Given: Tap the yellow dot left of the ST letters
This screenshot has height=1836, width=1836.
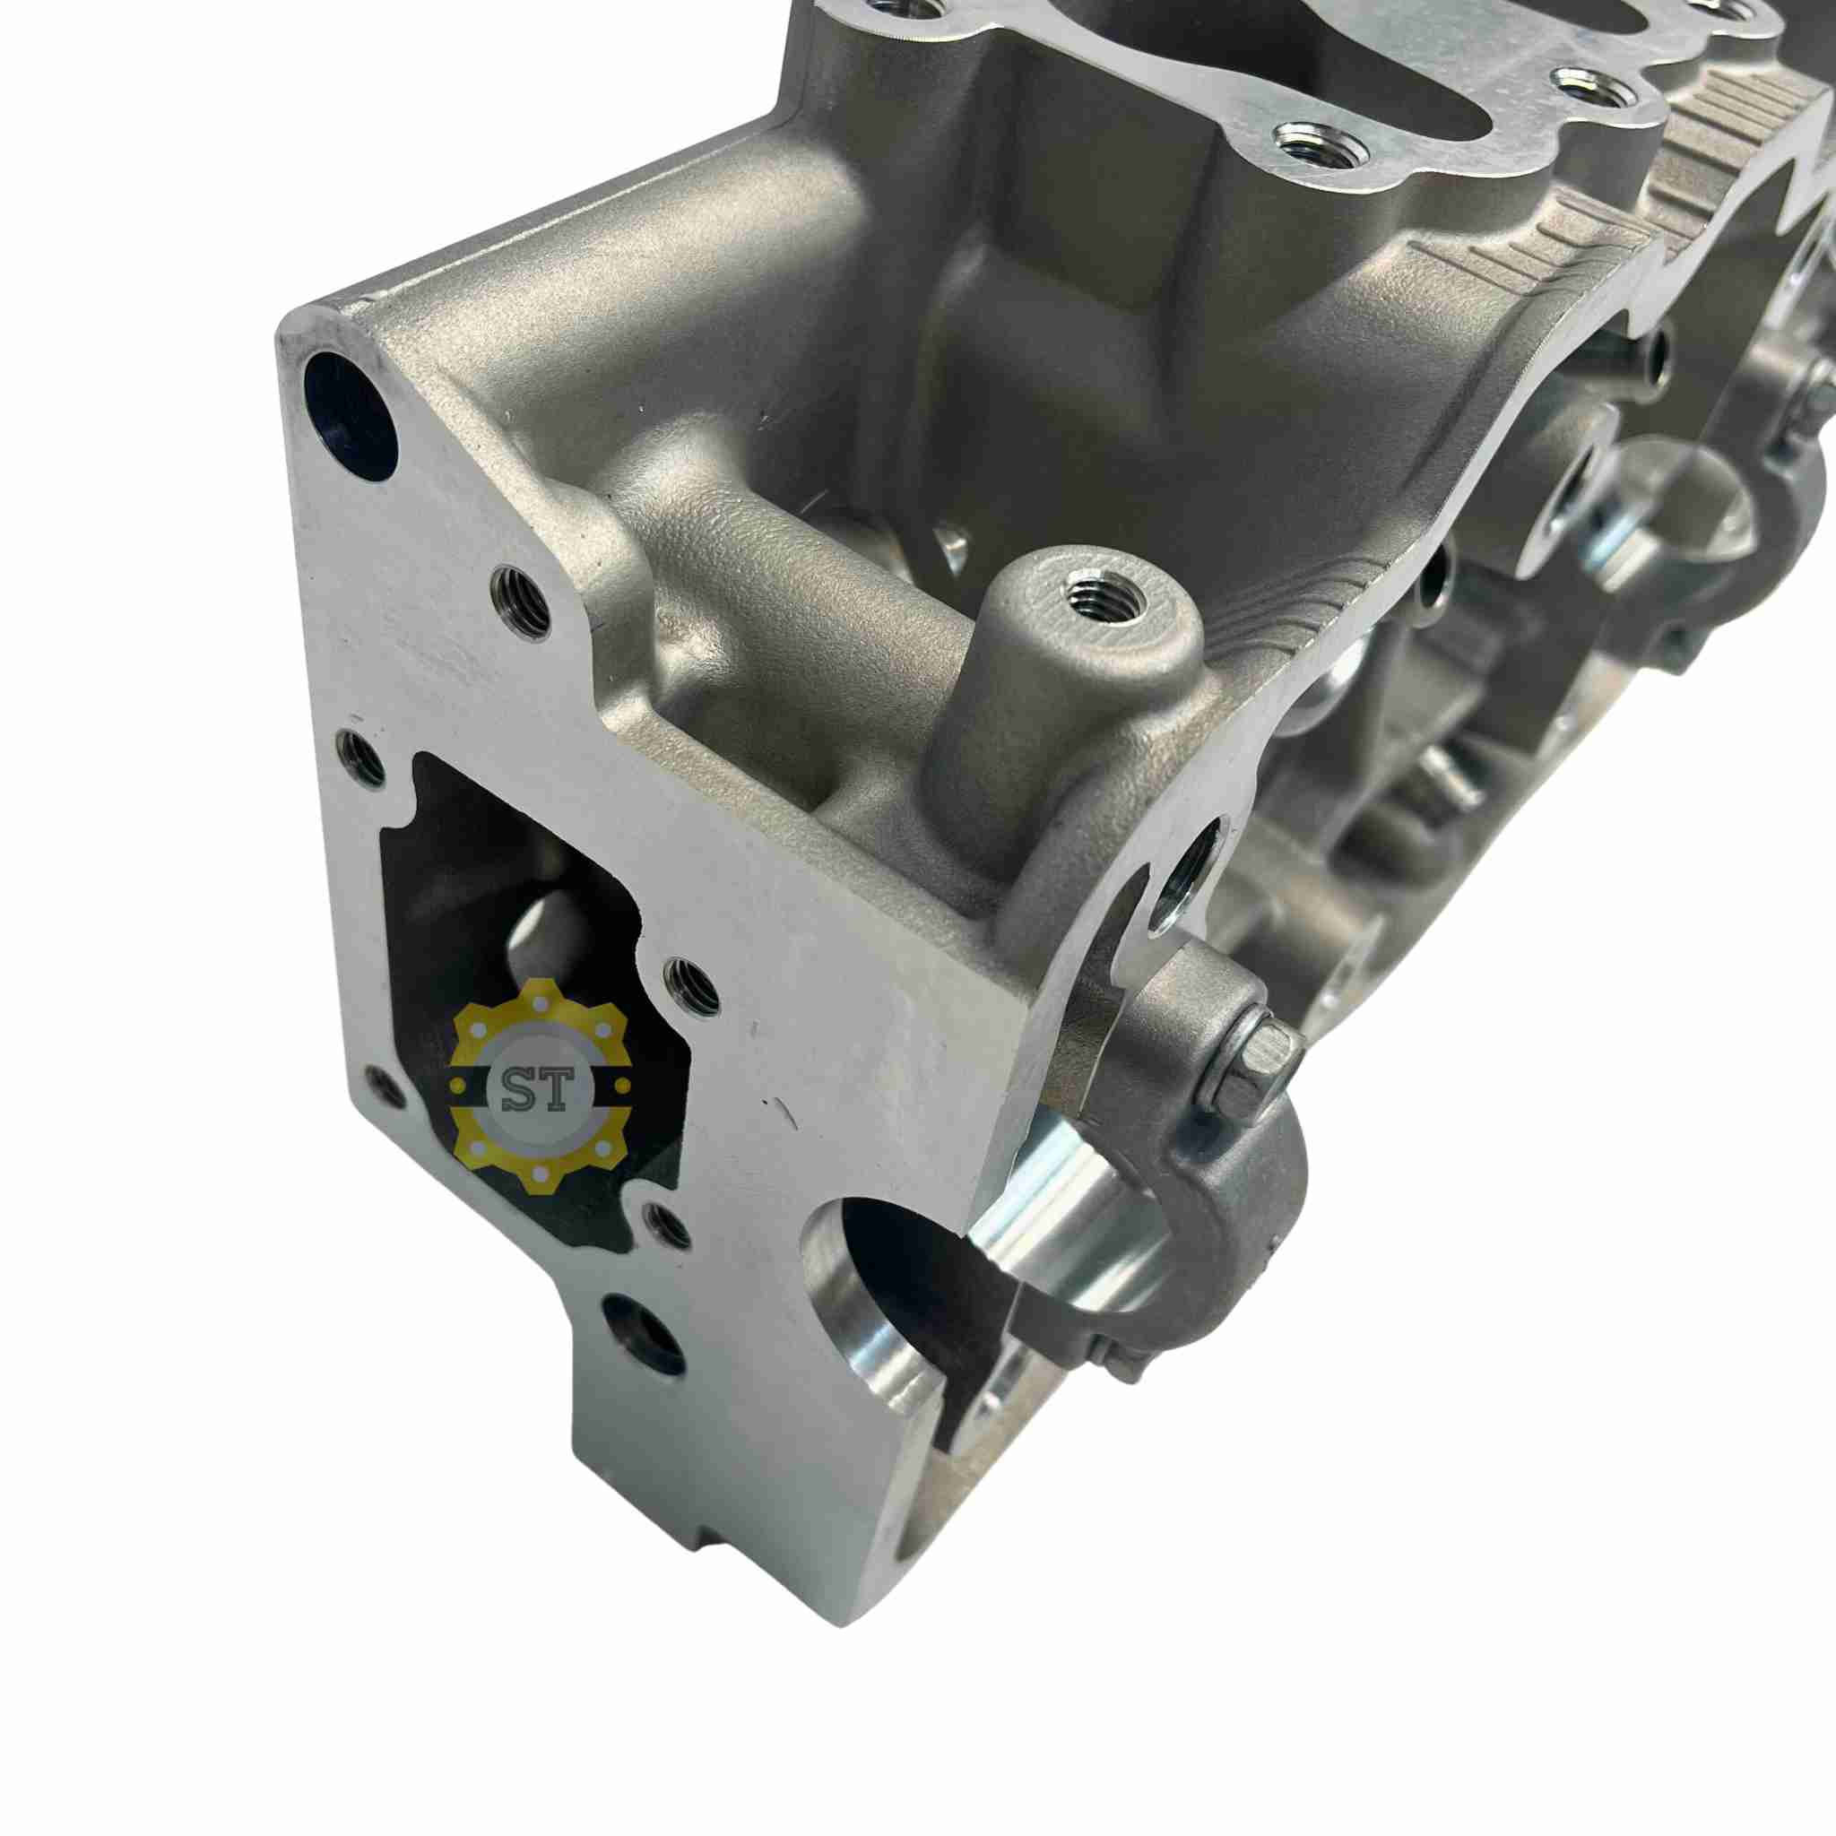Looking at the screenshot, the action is [460, 1083].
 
